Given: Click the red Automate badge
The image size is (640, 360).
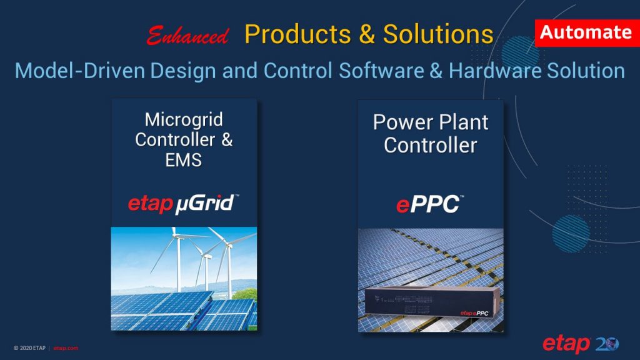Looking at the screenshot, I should coord(585,32).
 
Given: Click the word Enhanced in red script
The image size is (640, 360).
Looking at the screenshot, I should coord(187,36).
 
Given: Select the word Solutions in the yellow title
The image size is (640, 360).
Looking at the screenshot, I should coord(437,34).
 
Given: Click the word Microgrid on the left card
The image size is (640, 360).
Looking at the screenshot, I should coord(184,119).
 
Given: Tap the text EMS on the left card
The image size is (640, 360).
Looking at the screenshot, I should coord(184,159).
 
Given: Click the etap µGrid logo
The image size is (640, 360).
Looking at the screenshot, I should coord(184,203).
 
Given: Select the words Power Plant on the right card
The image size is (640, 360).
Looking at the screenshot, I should coord(431,122).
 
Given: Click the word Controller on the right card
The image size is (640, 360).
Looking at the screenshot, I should coord(431,145).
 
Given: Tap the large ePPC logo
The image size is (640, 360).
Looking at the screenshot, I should coord(431,204).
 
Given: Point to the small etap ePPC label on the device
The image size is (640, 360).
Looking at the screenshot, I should coord(474,312).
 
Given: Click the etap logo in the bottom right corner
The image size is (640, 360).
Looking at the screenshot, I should coord(566,344).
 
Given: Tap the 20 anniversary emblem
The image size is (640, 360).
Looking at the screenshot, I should coord(607,344).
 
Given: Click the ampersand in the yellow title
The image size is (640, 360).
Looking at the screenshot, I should coord(366,34).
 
